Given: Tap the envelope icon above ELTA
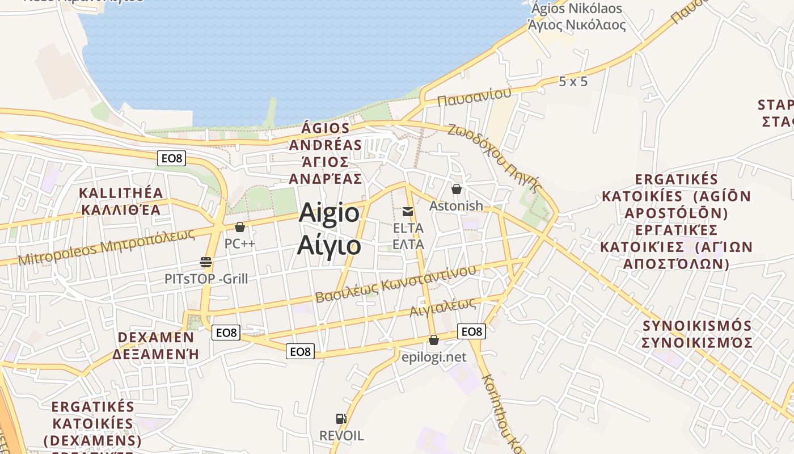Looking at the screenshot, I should (408, 212).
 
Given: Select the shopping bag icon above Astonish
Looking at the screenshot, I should (457, 189).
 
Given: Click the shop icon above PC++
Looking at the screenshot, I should (240, 227).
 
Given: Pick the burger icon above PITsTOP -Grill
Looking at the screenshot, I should (206, 262).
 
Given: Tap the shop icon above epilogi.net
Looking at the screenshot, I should (434, 340).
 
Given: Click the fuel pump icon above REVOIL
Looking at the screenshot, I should (341, 419).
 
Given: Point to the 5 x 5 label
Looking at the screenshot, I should (573, 82).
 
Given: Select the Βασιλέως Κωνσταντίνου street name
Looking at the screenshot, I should (395, 284).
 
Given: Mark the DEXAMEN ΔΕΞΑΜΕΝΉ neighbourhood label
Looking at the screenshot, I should (156, 346).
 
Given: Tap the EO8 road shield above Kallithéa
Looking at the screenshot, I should (171, 158).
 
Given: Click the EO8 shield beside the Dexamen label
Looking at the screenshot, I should (226, 333).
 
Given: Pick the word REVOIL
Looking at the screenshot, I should (341, 436).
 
